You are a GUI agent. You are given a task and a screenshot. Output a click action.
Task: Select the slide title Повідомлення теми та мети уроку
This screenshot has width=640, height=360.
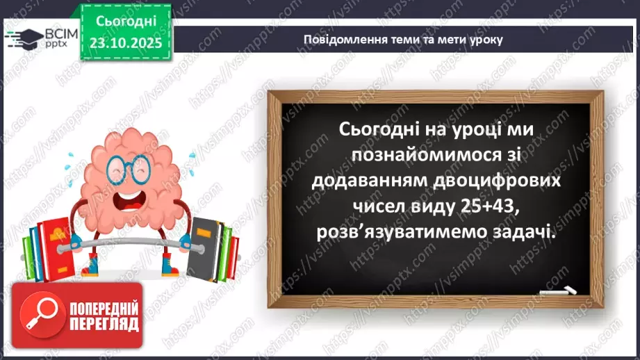coord(402,39)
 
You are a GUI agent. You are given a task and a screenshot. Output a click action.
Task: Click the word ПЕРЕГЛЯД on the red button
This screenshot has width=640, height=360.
coord(103,324)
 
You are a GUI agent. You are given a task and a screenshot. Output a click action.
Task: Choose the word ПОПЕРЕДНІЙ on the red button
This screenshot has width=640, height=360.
coord(103,307)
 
